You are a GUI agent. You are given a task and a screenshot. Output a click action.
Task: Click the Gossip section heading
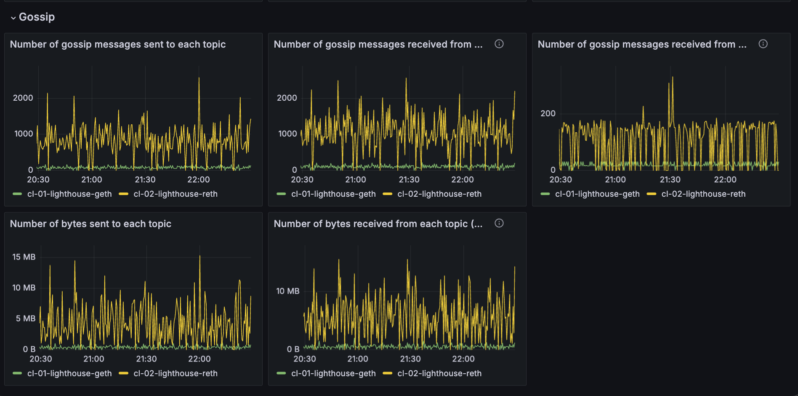coord(37,17)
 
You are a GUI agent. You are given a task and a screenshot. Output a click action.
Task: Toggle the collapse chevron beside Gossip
coord(13,18)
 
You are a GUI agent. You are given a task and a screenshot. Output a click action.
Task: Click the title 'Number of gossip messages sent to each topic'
coord(118,44)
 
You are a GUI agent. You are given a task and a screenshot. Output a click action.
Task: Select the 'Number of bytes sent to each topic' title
coord(90,224)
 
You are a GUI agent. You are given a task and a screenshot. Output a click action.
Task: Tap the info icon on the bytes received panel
coord(499,223)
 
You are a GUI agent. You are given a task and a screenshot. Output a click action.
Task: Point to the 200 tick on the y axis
coord(548,113)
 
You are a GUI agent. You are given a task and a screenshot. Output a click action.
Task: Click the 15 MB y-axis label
coord(24,257)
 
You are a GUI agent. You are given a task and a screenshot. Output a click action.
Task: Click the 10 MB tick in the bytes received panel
coord(287,291)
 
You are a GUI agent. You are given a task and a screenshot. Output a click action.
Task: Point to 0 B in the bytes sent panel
coord(29,349)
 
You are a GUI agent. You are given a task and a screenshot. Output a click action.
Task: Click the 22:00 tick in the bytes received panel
coord(463,359)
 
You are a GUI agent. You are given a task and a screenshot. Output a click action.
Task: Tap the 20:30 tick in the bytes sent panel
coord(40,359)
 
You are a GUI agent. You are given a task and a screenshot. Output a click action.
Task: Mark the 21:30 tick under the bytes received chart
coord(410,359)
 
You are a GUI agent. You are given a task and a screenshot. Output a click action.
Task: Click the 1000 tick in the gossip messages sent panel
coord(23,134)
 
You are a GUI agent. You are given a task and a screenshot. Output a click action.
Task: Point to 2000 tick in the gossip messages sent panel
coord(23,98)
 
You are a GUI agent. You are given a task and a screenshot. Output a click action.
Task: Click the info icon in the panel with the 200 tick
coord(763,44)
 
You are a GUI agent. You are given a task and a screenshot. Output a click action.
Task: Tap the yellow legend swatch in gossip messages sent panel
coord(123,194)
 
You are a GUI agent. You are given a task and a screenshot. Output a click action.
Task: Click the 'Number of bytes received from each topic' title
coord(378,224)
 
